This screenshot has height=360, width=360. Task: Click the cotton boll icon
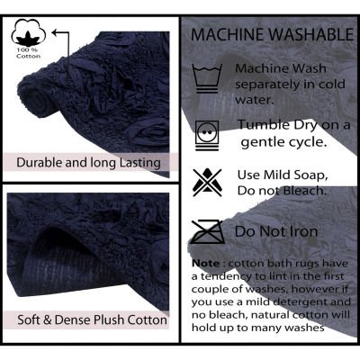[29, 33]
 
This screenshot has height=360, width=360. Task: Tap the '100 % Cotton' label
[29, 53]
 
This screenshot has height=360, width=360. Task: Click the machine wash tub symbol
[207, 78]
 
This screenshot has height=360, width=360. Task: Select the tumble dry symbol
[207, 136]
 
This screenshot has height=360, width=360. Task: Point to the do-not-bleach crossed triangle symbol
[207, 183]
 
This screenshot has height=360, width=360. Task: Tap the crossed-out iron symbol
[208, 231]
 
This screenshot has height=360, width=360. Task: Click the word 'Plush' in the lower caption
[110, 319]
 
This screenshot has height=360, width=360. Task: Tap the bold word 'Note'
[206, 264]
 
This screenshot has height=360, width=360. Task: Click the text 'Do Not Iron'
[276, 231]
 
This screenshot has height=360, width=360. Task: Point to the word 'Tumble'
[264, 125]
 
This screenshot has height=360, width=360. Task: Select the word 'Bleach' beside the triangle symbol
[303, 191]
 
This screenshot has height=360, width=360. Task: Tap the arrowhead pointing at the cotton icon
[55, 31]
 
